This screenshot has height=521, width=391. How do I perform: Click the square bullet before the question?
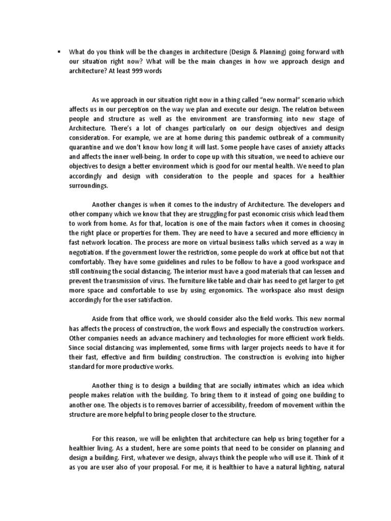[59, 51]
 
